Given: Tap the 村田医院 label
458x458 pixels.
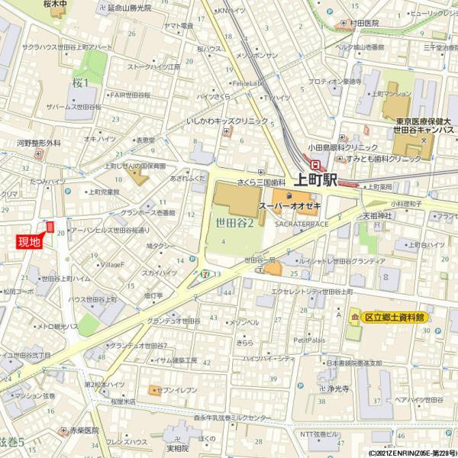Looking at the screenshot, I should pos(364,24).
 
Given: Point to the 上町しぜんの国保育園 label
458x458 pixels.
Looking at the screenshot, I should pos(135,165).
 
